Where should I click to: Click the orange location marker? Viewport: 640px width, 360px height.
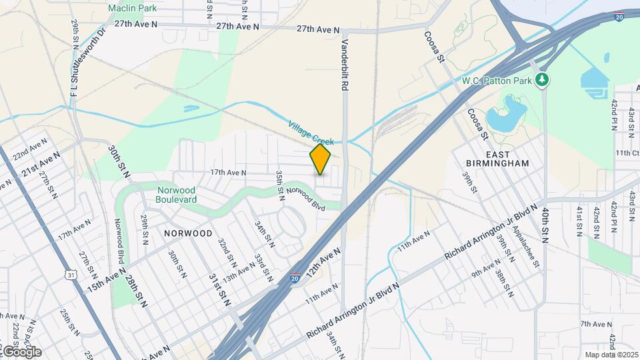click(320, 159)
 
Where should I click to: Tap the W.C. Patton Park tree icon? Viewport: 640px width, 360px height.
click(544, 79)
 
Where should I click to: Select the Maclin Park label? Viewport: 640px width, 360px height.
click(132, 9)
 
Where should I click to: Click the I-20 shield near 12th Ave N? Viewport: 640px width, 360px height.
click(295, 278)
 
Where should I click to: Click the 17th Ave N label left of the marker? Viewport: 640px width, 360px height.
click(229, 173)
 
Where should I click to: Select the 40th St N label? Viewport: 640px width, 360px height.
click(545, 225)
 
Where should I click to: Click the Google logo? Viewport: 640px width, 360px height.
click(21, 351)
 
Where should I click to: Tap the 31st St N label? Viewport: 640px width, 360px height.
click(219, 289)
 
